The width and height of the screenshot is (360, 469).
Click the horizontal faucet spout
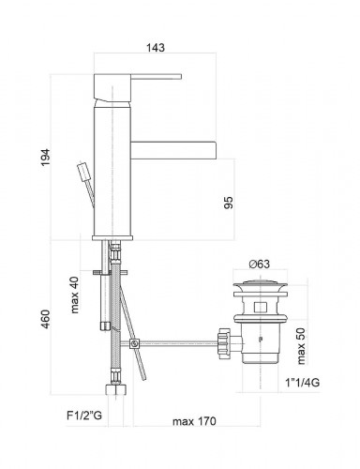(173, 147)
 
